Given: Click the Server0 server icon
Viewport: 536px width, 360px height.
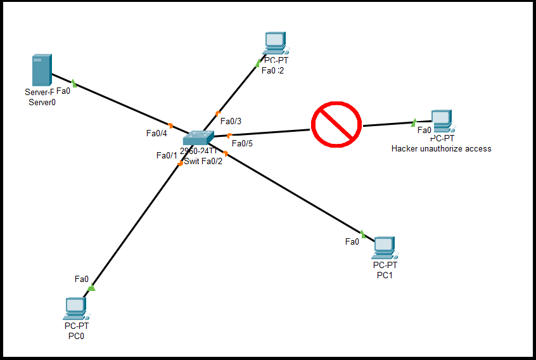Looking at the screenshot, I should (x=42, y=70).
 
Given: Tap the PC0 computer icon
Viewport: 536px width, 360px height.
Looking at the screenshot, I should (x=75, y=309).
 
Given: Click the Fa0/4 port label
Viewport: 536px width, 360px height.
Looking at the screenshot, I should (x=156, y=133).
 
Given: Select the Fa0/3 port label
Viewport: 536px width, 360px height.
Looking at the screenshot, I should (x=231, y=121).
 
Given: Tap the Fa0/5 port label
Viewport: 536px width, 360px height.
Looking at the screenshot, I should (x=242, y=143).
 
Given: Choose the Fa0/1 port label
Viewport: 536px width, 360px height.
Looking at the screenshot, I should (x=167, y=155).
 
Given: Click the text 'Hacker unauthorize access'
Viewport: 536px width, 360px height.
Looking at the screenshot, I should (x=441, y=149).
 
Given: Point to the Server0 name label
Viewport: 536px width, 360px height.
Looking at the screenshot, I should (x=42, y=102).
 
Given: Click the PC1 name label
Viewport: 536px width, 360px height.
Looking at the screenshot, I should (x=385, y=275).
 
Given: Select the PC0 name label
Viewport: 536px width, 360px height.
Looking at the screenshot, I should (x=76, y=336).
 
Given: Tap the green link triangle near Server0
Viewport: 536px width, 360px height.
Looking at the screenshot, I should (x=74, y=83).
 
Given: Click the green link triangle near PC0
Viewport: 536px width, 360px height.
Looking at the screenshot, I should (x=91, y=288).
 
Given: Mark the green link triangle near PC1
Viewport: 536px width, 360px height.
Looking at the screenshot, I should (x=363, y=234).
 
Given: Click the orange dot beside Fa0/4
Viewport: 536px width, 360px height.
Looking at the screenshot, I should (x=171, y=125).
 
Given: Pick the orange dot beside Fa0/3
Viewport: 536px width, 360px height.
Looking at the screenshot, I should (x=218, y=113).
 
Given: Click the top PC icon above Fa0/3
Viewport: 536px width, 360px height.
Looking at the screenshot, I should (x=275, y=43).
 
